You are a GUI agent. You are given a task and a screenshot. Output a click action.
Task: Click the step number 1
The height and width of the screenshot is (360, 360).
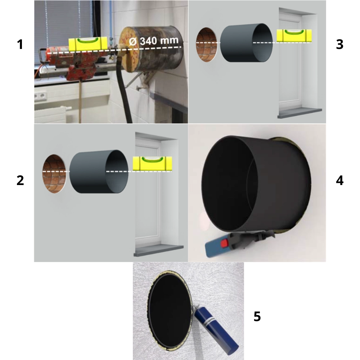pyautogui.click(x=20, y=44)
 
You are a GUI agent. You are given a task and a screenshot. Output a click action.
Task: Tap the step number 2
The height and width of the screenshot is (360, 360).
pyautogui.click(x=20, y=180)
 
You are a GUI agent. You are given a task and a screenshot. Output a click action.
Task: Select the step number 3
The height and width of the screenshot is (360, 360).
pyautogui.click(x=339, y=44)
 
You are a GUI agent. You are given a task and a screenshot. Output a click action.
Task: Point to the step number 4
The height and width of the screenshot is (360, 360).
pyautogui.click(x=339, y=180)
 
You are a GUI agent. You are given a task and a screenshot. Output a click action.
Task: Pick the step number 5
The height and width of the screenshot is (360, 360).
pyautogui.click(x=257, y=316)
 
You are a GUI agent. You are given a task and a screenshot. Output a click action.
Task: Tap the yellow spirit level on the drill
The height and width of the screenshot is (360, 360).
pyautogui.click(x=88, y=44)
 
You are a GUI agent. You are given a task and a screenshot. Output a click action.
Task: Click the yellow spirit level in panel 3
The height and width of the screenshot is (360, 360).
pyautogui.click(x=294, y=36)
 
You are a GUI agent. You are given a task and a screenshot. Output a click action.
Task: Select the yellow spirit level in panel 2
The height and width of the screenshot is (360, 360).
pyautogui.click(x=152, y=163)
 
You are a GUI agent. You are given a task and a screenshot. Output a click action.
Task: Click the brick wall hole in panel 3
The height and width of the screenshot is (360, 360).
pyautogui.click(x=206, y=45)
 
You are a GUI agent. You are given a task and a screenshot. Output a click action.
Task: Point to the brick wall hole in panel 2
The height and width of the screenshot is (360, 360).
pyautogui.click(x=54, y=174)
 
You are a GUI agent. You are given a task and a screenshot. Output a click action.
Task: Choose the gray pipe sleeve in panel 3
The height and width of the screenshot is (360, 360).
pyautogui.click(x=246, y=43)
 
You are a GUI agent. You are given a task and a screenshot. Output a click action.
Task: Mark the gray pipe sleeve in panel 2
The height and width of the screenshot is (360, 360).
pyautogui.click(x=99, y=172)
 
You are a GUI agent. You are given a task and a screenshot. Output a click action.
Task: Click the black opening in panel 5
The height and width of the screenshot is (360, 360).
pyautogui.click(x=170, y=310)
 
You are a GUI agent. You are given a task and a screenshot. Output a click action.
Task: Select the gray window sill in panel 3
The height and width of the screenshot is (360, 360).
pyautogui.click(x=300, y=113)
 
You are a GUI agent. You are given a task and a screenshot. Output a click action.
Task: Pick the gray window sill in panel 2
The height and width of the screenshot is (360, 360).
pyautogui.click(x=158, y=251)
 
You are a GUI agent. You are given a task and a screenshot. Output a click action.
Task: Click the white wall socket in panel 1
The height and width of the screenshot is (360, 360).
pyautogui.click(x=41, y=96)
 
